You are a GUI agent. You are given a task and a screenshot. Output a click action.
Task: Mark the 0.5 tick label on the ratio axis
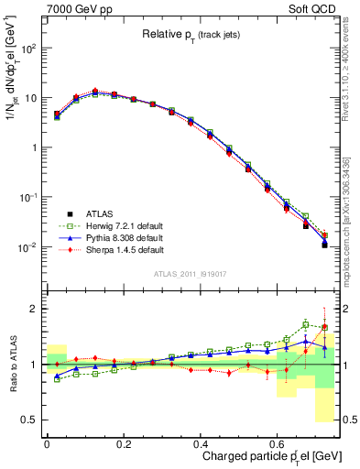[x=30, y=420]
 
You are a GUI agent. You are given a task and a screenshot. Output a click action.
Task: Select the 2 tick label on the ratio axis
[x=35, y=309]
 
